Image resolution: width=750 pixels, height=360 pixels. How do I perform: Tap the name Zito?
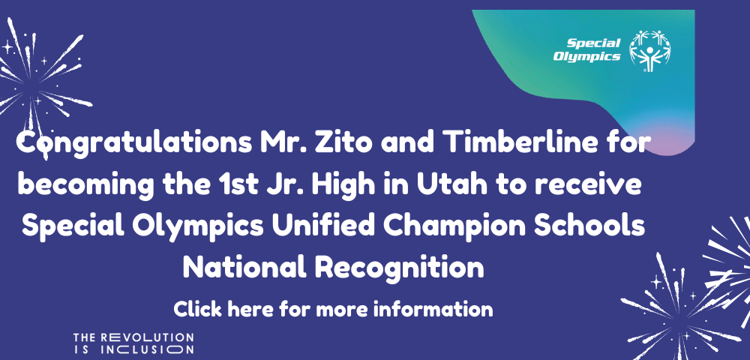click(x=343, y=142)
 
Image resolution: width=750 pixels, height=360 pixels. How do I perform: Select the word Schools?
click(x=589, y=226)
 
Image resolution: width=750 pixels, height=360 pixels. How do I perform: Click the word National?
click(x=244, y=267)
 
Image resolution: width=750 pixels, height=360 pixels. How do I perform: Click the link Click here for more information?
click(x=333, y=309)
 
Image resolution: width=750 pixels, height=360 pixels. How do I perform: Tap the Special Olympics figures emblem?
click(x=649, y=51)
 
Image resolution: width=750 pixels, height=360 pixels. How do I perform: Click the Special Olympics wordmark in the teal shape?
click(x=587, y=49)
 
